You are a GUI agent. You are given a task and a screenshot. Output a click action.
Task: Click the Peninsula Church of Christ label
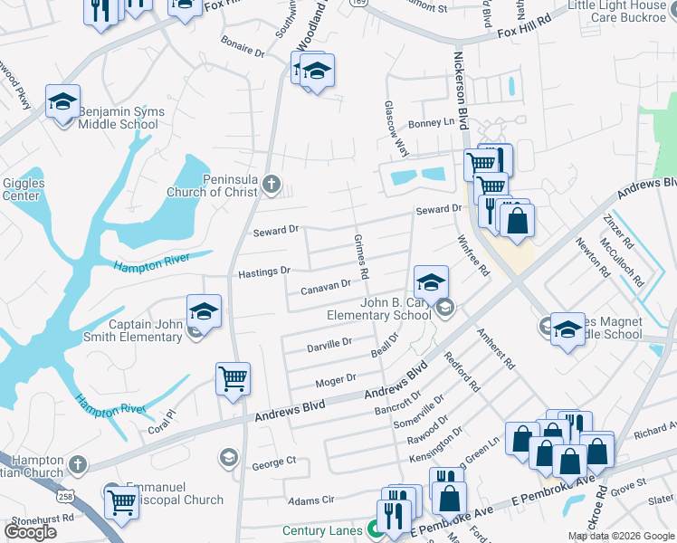click(x=214, y=185)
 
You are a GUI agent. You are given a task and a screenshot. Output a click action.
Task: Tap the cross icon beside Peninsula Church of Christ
click(x=270, y=186)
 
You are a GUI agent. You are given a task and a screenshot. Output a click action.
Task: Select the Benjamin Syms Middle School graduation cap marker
click(x=62, y=103)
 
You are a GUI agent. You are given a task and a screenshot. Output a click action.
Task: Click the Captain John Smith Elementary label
click(x=145, y=330)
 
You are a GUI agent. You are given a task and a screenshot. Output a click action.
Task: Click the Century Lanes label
click(x=322, y=531)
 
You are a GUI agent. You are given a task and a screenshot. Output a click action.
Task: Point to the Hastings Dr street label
click(x=263, y=271)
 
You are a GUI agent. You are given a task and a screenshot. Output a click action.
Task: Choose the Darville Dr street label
click(x=329, y=344)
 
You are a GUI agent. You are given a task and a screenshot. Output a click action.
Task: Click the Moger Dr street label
click(x=335, y=379)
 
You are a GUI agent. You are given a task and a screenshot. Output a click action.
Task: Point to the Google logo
click(x=31, y=532)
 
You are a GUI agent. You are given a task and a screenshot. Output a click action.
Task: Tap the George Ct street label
click(x=273, y=462)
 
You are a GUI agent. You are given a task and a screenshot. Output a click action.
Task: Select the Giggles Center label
click(x=23, y=189)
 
